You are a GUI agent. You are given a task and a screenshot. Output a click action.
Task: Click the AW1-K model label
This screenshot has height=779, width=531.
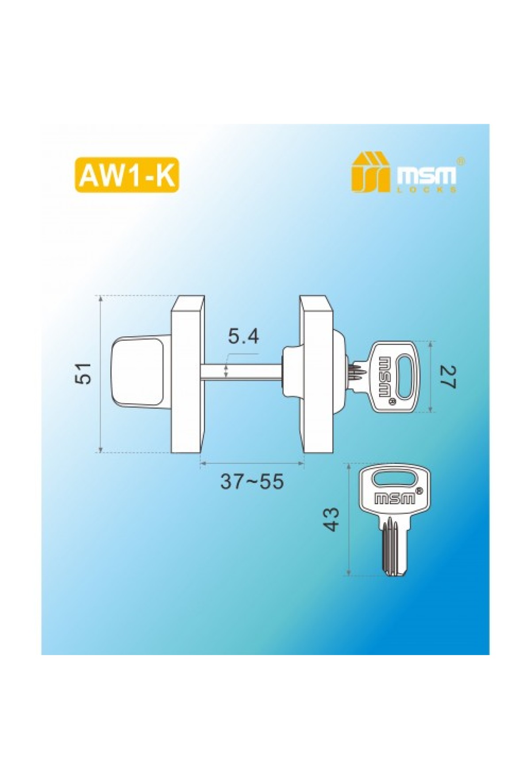(x=128, y=175)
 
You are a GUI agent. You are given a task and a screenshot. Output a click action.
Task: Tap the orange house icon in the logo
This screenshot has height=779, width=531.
(x=370, y=172)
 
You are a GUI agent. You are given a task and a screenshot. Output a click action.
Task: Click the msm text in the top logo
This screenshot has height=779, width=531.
(x=426, y=176)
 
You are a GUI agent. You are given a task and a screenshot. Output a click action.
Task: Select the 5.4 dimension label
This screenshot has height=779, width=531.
(x=243, y=337)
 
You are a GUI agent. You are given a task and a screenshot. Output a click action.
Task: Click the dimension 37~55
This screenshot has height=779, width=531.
(x=252, y=481)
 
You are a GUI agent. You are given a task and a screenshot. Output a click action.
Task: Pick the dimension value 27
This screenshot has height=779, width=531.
(x=447, y=377)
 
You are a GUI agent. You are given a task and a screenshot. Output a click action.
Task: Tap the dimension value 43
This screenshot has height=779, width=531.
(x=331, y=519)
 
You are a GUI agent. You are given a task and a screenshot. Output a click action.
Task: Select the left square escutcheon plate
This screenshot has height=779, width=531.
(x=188, y=374)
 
